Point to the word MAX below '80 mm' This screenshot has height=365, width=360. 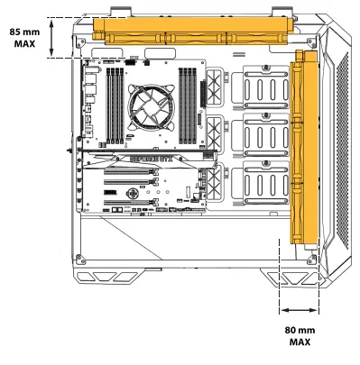pyautogui.click(x=300, y=343)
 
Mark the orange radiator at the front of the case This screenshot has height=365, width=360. pyautogui.click(x=308, y=148)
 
